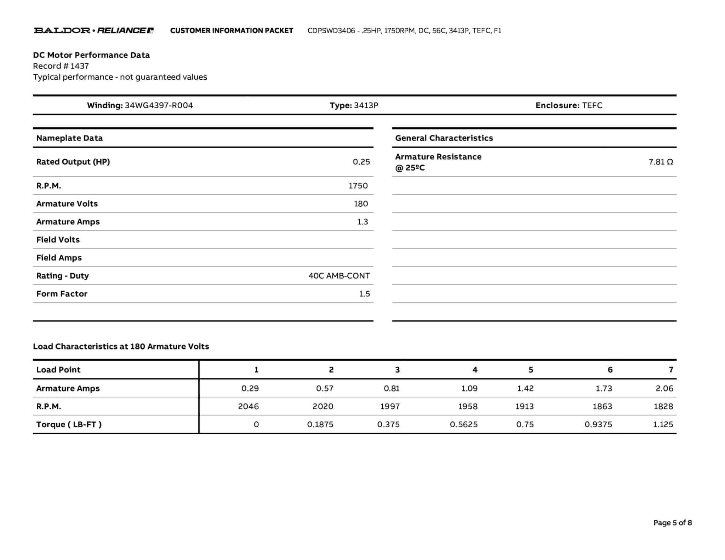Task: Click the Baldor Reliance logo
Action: [x=93, y=30]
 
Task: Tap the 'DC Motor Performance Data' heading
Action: [x=91, y=55]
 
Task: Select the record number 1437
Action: [x=79, y=66]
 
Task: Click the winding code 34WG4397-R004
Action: [x=159, y=105]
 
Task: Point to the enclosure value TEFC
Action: [x=592, y=105]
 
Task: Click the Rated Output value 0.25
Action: [x=361, y=162]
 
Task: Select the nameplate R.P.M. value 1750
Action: [x=358, y=185]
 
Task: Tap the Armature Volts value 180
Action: [x=361, y=204]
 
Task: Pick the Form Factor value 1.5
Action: [x=364, y=294]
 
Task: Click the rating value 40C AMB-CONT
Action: [x=339, y=276]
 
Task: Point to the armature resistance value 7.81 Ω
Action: [x=661, y=162]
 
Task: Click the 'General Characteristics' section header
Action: [x=444, y=138]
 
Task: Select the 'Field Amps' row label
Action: [x=59, y=258]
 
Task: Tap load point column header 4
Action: [x=475, y=370]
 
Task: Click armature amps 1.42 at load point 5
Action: [x=525, y=388]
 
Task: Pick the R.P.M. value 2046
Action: [x=248, y=406]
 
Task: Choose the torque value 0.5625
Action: [x=463, y=424]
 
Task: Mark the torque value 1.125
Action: [x=663, y=424]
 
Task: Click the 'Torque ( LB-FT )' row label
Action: [x=69, y=424]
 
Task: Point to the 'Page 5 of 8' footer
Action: [x=672, y=523]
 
